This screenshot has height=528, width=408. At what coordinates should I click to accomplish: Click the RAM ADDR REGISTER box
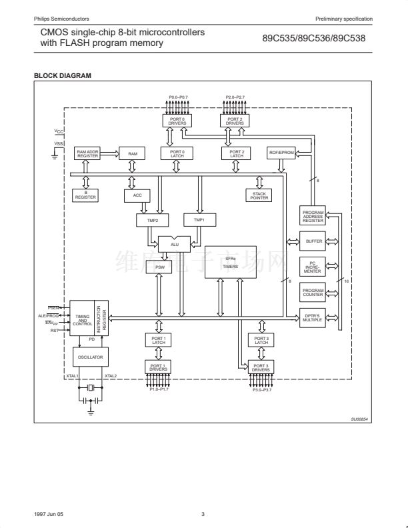coord(87,153)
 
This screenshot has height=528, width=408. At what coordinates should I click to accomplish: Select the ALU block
coord(174,244)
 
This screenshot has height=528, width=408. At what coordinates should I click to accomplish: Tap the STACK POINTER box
coord(259,195)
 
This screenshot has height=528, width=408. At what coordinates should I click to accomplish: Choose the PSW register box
coord(159,268)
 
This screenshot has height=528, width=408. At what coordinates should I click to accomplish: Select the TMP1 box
coord(199,219)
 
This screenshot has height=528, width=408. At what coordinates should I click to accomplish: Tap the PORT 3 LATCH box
coord(261,341)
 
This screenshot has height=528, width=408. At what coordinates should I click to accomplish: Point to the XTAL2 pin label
coord(111,376)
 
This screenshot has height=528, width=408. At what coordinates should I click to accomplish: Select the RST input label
coord(55,330)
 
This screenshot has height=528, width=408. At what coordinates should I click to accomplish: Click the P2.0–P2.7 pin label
coord(235,97)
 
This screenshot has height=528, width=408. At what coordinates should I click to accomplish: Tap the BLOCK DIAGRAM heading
coord(63,75)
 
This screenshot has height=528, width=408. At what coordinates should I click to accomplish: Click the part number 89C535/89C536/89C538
coord(313,38)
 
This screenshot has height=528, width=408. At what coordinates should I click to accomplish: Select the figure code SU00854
coord(359,419)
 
